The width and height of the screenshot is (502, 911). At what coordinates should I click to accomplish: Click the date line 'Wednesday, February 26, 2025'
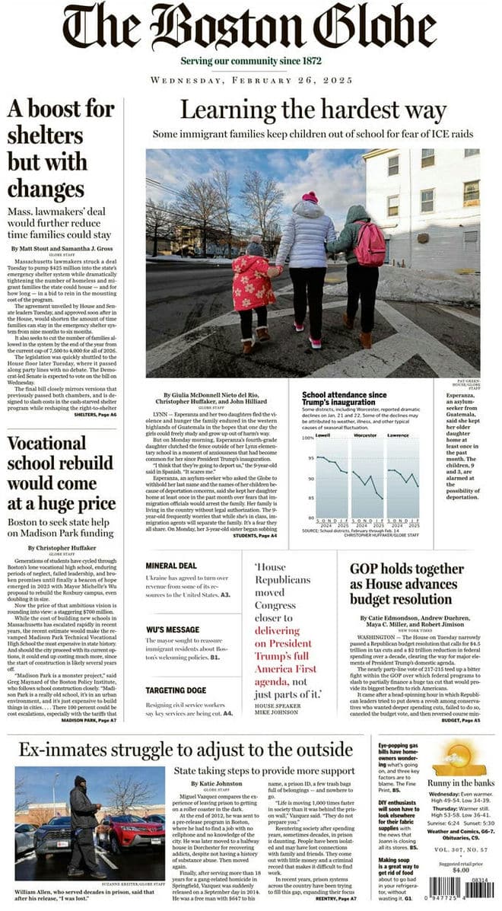coord(251,80)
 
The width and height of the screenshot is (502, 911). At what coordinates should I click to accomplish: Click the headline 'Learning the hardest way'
coord(313,111)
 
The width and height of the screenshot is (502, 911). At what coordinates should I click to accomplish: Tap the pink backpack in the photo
coord(370,244)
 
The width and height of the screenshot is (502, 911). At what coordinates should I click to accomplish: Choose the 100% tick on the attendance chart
coord(308,438)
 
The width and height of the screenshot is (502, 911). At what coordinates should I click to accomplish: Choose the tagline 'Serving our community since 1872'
coord(251,61)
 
